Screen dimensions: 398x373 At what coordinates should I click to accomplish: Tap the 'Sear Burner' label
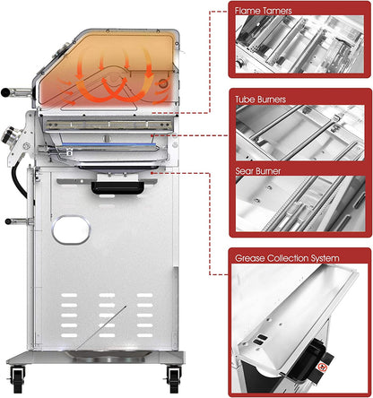click(x=257, y=166)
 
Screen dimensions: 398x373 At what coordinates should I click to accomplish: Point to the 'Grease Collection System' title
click(x=286, y=258)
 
